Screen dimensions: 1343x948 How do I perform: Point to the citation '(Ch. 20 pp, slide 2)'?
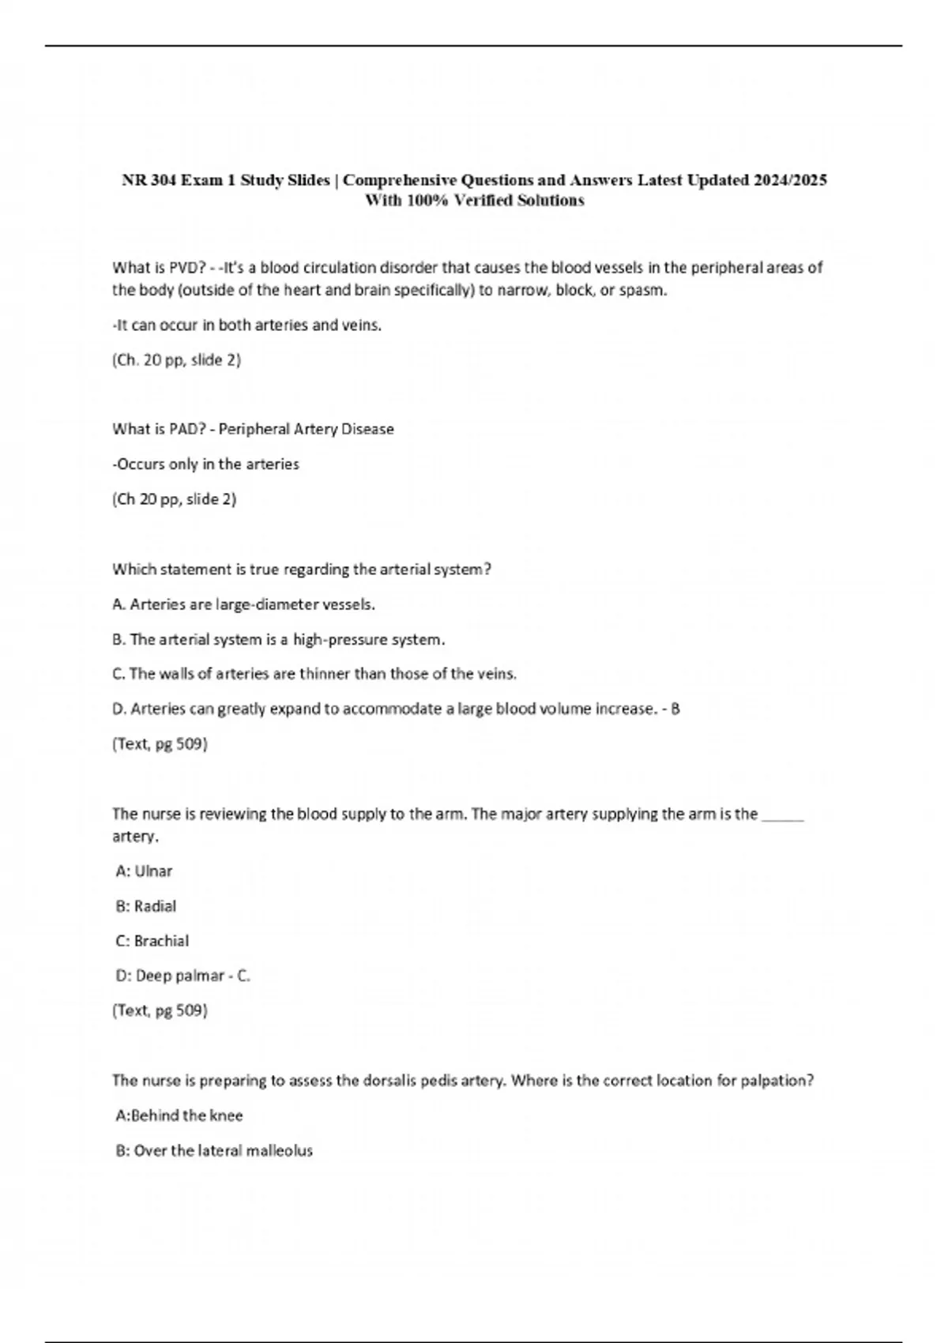[x=176, y=360]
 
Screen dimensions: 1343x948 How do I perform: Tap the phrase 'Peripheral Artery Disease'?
[x=306, y=429]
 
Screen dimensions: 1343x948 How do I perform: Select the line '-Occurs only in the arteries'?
[x=205, y=465]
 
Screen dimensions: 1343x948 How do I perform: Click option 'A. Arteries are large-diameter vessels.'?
[x=243, y=604]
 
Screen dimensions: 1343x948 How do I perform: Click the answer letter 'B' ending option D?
[x=675, y=709]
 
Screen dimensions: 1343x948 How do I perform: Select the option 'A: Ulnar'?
[x=144, y=871]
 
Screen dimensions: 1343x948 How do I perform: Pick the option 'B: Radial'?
[x=146, y=906]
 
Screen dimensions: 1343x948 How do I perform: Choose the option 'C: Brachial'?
[x=152, y=941]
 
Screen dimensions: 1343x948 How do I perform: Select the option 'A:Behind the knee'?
[x=179, y=1115]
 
